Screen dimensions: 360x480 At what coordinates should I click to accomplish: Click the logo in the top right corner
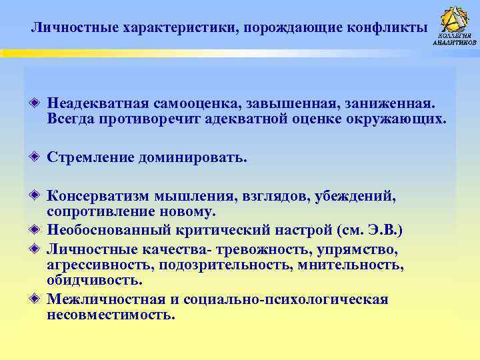coord(455,25)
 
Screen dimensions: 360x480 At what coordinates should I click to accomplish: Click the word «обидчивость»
coord(95,279)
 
